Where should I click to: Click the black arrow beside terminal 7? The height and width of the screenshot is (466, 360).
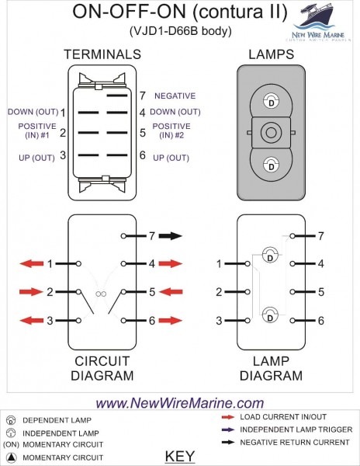click(x=171, y=235)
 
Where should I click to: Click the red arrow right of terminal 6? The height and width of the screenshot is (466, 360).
click(x=171, y=320)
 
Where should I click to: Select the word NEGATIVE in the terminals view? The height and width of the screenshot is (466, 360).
click(x=175, y=96)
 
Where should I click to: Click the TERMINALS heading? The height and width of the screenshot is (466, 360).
click(x=102, y=54)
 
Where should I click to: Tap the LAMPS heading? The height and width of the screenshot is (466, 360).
click(x=270, y=54)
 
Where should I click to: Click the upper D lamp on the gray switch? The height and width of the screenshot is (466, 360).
click(x=271, y=101)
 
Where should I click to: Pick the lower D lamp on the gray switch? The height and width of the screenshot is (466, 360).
click(x=271, y=164)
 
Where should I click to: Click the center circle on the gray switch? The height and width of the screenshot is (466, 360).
click(x=271, y=133)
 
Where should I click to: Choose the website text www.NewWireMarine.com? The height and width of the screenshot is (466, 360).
click(x=179, y=403)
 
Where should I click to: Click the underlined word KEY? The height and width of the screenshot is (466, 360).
click(x=180, y=456)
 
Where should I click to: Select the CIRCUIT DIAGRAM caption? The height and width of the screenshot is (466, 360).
click(x=102, y=368)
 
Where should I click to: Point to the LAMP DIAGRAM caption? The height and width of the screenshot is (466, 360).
click(x=271, y=368)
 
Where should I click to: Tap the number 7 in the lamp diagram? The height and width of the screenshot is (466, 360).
click(x=320, y=235)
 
